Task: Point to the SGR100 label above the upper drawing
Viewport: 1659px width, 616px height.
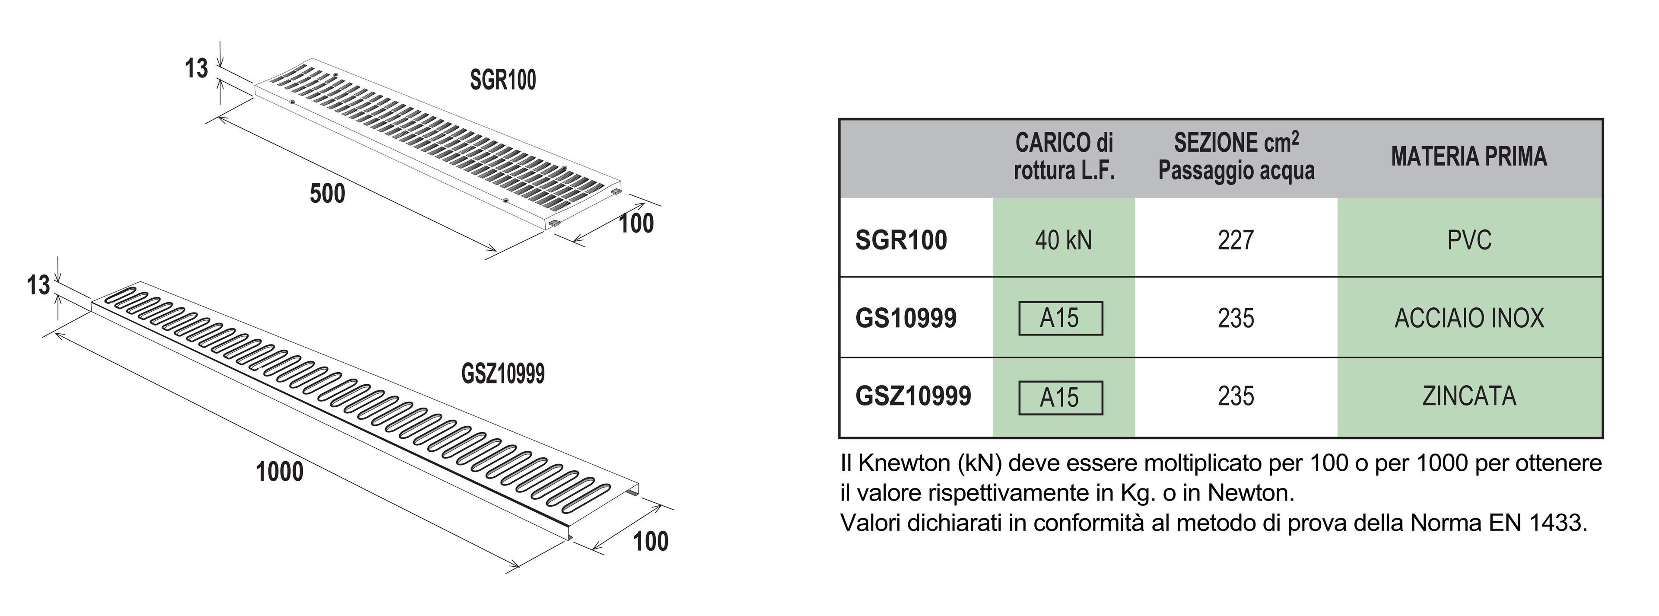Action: pos(502,80)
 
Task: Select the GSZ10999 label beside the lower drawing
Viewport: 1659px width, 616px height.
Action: pos(503,374)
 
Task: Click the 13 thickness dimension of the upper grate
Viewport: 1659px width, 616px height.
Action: pos(197,68)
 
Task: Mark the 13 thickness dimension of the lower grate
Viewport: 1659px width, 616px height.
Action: pos(38,285)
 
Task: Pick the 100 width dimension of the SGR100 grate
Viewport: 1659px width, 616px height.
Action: pos(636,223)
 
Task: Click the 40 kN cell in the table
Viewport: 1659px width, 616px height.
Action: pos(1063,240)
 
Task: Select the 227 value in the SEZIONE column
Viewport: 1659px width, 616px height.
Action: pos(1235,240)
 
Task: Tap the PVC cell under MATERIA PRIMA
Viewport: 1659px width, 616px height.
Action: pos(1469,240)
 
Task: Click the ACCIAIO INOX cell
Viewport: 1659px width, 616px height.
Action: pos(1469,318)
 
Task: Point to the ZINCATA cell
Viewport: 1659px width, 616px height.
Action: pos(1469,396)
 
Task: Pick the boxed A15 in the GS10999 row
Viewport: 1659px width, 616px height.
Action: pos(1060,318)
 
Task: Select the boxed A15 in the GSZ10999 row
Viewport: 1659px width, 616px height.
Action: pos(1060,398)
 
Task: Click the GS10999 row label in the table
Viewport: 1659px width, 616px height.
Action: pos(906,318)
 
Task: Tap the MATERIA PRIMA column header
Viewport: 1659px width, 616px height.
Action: pos(1468,156)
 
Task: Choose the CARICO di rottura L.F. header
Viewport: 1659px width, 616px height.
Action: pos(1064,156)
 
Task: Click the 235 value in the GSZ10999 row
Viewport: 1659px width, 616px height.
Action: pos(1235,396)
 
